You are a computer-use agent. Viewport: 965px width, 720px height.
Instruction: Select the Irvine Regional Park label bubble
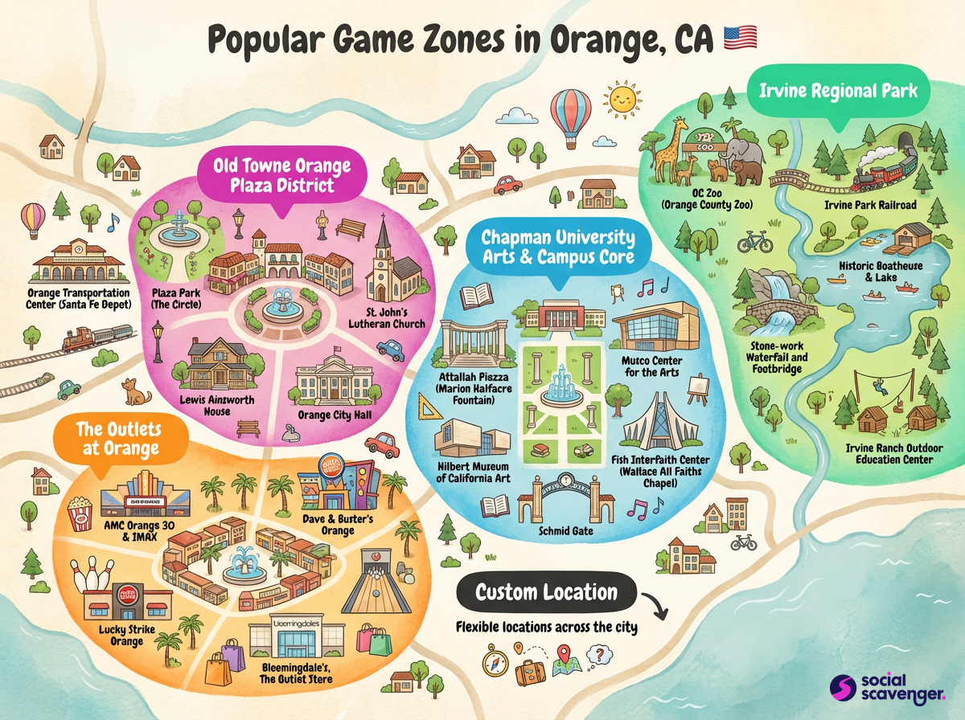pyautogui.click(x=838, y=92)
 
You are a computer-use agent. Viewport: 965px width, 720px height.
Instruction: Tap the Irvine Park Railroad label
pyautogui.click(x=870, y=205)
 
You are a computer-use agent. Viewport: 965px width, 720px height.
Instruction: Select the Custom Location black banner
pyautogui.click(x=547, y=594)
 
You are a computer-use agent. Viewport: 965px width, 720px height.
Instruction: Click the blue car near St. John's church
pyautogui.click(x=389, y=348)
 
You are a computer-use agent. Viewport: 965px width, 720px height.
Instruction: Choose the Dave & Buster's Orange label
pyautogui.click(x=337, y=525)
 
